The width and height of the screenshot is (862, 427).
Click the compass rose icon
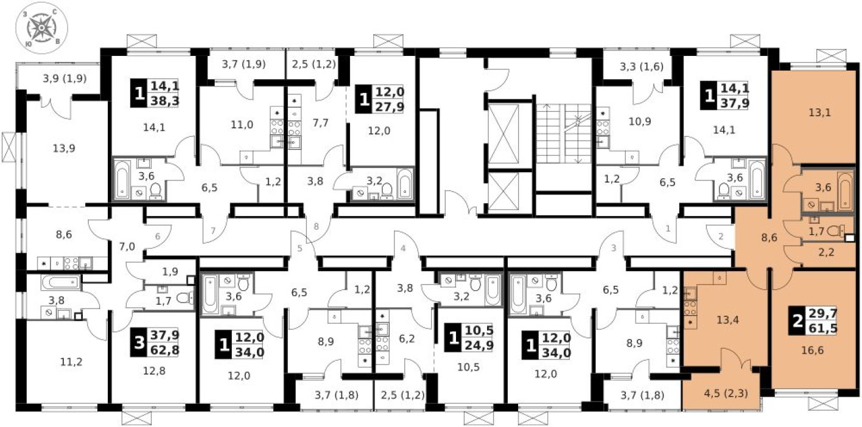[x=42, y=26]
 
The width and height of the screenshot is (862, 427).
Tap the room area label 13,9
[x=49, y=148]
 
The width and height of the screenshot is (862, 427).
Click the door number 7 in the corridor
[x=212, y=231]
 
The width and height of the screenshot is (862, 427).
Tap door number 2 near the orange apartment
[x=721, y=236]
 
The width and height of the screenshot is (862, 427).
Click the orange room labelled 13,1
[x=818, y=112]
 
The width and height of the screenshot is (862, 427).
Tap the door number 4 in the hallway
[x=402, y=248]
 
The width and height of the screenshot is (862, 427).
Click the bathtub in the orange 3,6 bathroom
[x=844, y=192]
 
